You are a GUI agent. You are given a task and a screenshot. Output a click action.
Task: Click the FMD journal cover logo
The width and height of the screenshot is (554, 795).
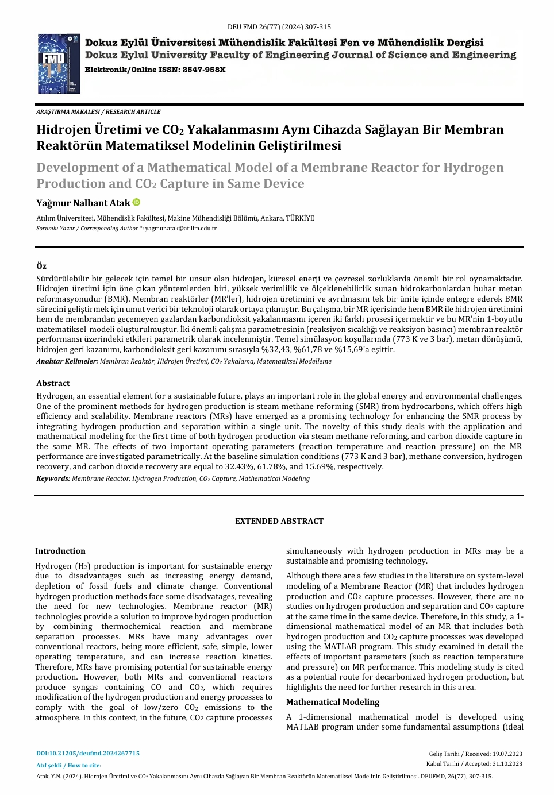coord(59,64)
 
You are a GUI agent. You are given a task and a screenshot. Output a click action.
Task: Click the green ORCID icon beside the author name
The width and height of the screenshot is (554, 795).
coord(136,202)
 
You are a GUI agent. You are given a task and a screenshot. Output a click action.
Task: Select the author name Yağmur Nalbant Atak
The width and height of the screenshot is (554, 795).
coord(83,203)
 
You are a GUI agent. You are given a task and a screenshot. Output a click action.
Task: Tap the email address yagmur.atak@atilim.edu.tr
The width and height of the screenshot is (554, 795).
coord(180,229)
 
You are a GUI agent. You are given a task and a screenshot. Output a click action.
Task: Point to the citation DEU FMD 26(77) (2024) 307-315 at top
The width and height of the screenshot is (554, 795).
coord(279,26)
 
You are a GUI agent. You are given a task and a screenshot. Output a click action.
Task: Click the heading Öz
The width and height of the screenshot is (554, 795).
coord(41,266)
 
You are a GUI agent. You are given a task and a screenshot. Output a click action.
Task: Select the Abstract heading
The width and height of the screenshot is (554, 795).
coord(53,383)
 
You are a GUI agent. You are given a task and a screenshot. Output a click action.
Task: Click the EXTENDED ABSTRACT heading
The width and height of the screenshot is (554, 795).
coord(279,521)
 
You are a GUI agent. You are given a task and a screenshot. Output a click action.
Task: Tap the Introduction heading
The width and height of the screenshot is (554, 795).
coord(60,551)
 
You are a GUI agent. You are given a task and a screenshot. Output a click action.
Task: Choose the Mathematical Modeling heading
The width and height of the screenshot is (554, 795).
coord(333,702)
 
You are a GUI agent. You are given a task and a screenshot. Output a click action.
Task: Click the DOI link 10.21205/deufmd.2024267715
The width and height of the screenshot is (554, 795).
coord(88,753)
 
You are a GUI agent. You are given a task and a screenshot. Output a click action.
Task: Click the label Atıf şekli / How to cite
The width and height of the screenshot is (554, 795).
coord(68,765)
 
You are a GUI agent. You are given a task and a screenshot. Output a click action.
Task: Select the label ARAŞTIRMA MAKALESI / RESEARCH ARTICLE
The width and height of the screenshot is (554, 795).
coord(98,112)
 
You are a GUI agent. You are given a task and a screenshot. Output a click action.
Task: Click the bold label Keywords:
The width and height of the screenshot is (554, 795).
coord(53,478)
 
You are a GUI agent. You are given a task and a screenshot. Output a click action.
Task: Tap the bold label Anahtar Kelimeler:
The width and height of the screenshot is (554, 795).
coord(67,361)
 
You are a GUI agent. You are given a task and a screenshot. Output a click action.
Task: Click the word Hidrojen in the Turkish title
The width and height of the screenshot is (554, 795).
coord(64,130)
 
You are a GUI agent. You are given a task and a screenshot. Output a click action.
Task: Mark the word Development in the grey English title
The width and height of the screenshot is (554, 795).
coord(77,168)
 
